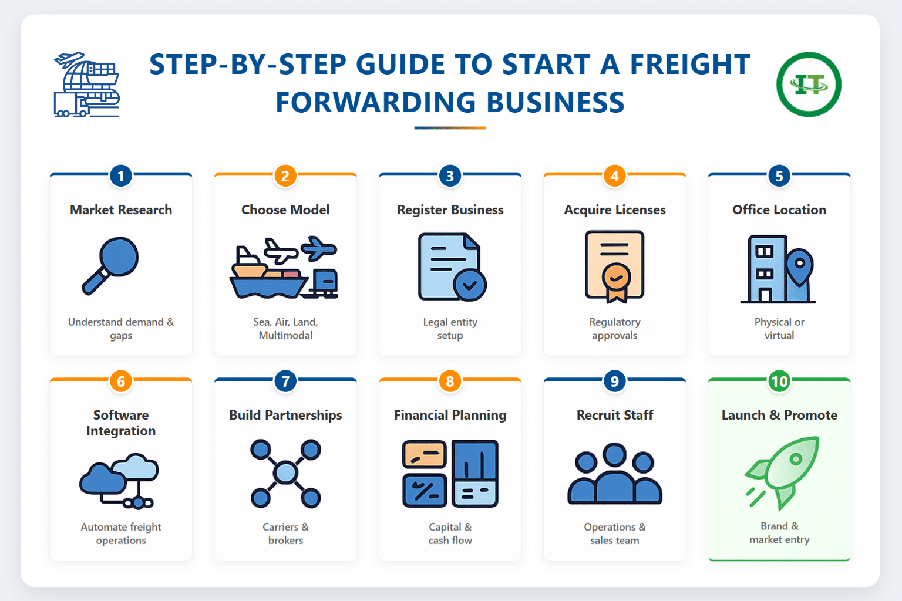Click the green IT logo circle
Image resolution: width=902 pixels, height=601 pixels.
809,85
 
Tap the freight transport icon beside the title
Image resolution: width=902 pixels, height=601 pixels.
86,85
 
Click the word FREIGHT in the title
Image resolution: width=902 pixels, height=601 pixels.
690,65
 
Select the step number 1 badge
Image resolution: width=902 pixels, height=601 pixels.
121,176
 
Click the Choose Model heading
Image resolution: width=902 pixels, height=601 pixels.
285,210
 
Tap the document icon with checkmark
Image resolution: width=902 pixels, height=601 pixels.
451,267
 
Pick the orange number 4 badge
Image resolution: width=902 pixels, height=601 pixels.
615,176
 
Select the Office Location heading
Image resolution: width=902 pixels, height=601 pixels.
779,210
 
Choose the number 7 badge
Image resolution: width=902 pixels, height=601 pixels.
285,381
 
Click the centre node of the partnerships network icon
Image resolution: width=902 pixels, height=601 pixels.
285,472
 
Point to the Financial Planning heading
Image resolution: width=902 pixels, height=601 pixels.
450,415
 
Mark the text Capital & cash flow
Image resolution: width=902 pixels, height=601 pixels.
450,534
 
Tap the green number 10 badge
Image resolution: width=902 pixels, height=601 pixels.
779,381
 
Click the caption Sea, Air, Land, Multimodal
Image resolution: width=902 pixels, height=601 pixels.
285,329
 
